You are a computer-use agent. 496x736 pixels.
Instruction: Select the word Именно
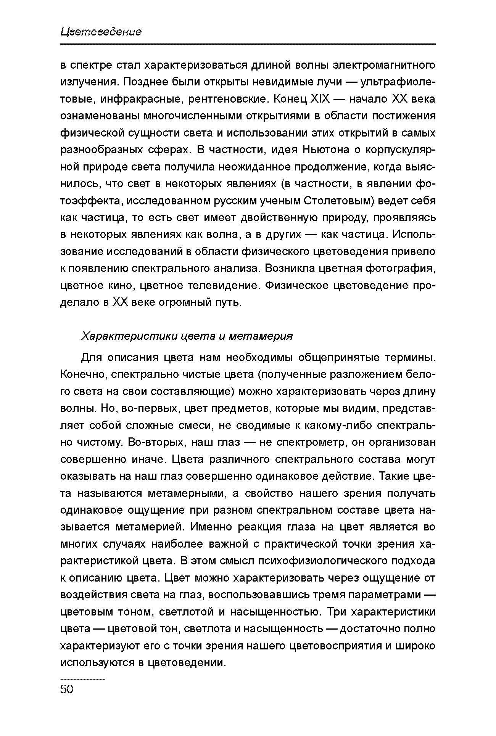tap(210, 527)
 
